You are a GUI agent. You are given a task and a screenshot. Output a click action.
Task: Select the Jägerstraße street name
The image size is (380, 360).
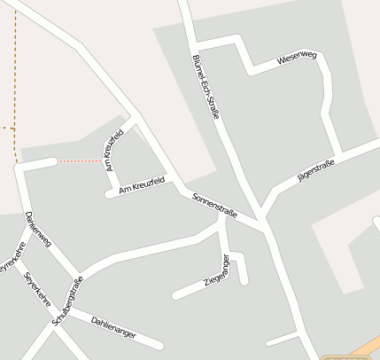click(x=316, y=169)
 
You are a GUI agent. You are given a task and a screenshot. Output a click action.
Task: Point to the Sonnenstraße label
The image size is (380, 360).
click(x=214, y=205)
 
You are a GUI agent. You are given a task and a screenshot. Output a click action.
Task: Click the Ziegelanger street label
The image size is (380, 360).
click(x=217, y=270)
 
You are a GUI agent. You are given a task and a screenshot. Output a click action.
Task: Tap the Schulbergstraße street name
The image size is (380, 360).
click(x=67, y=301)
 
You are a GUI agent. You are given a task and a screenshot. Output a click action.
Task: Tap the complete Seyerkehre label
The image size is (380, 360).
click(x=38, y=289)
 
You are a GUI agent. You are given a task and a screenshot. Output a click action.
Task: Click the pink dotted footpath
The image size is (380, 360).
click(x=80, y=160)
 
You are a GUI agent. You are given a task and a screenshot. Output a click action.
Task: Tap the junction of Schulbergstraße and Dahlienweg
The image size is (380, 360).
click(x=78, y=274)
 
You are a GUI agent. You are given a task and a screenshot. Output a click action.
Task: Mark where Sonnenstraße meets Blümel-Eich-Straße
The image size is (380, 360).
click(x=263, y=219)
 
